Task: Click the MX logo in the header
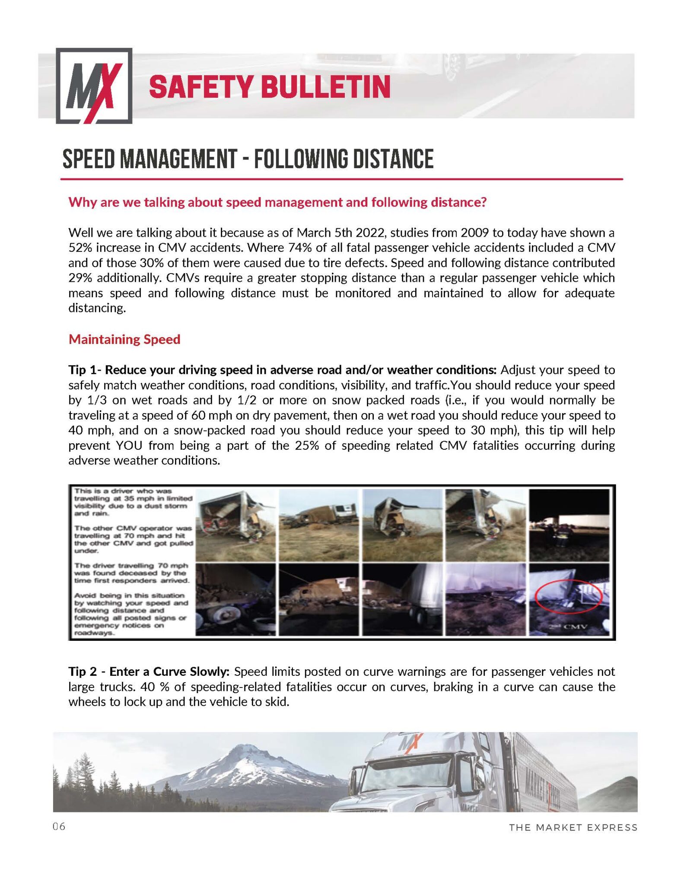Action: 94,86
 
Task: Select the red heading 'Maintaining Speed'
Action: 124,339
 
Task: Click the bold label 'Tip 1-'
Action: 85,370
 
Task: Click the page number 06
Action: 59,827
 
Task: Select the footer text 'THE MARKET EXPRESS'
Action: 573,828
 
